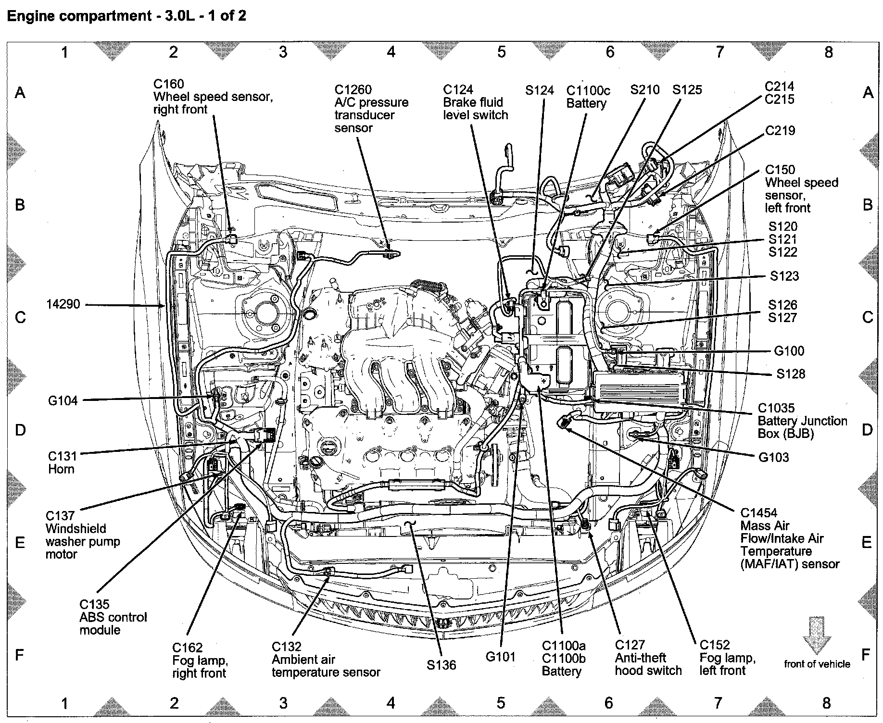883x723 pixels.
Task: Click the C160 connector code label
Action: click(168, 84)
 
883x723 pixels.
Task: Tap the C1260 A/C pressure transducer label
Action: click(353, 90)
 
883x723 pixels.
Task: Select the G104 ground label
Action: click(63, 400)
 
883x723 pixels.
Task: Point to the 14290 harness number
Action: click(63, 304)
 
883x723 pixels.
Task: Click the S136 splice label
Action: click(441, 665)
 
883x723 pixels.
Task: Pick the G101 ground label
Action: click(500, 657)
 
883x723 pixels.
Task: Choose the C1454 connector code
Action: click(758, 513)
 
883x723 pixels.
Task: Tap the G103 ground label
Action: click(773, 457)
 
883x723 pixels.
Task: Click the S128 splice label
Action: click(791, 374)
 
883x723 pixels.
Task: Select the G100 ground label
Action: click(789, 351)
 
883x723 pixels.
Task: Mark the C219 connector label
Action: click(780, 131)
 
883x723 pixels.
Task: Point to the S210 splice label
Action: click(644, 90)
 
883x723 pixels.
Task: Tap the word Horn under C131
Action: click(61, 469)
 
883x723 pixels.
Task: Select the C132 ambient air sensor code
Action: click(286, 647)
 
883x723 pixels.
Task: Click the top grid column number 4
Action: click(391, 51)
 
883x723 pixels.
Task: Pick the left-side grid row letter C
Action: click(20, 317)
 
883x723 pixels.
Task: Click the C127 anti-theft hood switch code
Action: click(630, 645)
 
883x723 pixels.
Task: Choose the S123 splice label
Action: click(784, 276)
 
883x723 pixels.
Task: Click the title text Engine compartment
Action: click(79, 16)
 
